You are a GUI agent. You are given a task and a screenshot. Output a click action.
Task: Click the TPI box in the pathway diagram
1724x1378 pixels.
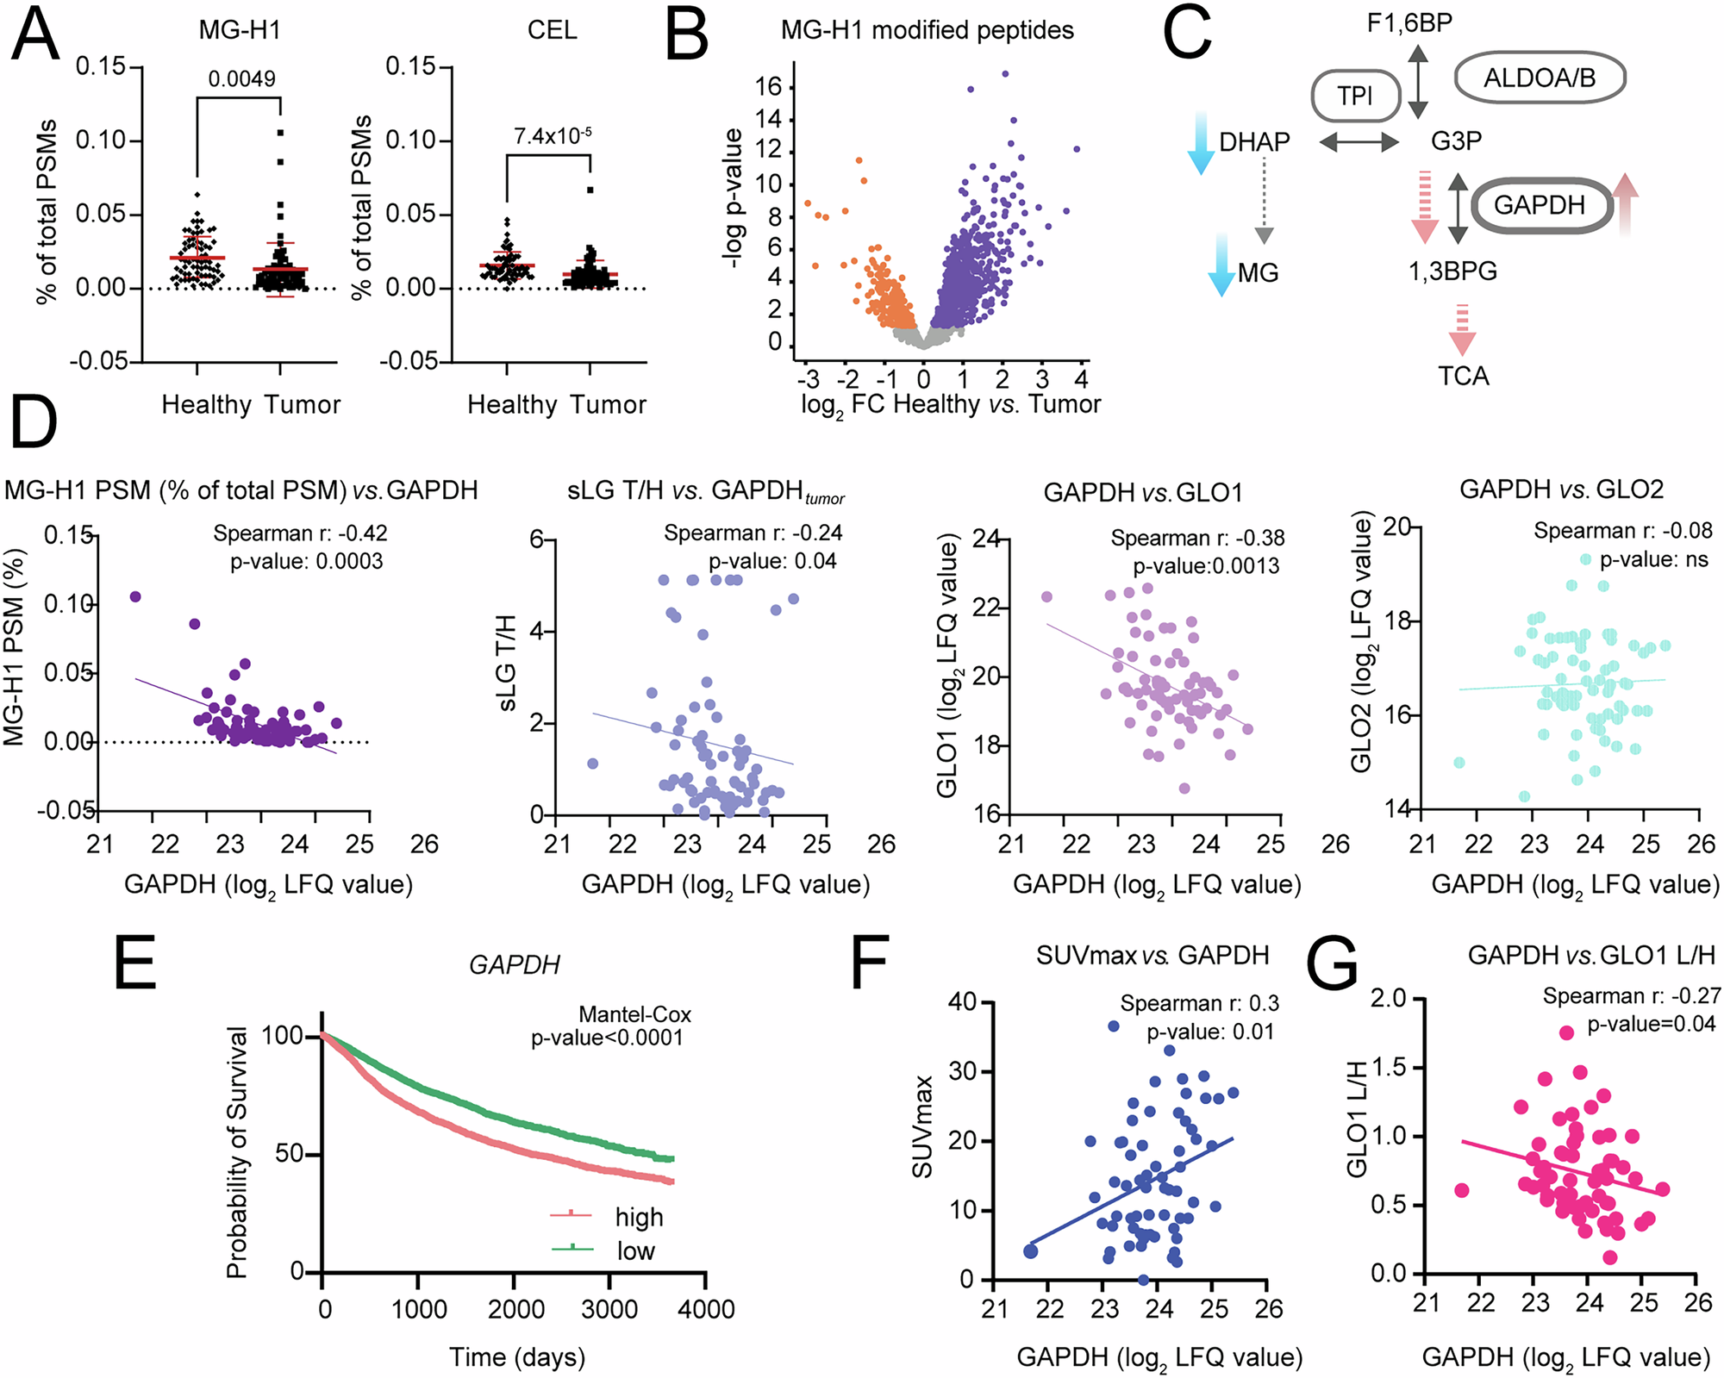coord(1355,96)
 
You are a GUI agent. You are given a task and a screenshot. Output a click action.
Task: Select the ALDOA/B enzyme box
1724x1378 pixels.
coord(1540,78)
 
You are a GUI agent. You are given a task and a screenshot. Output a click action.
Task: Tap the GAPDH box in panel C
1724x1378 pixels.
coord(1540,205)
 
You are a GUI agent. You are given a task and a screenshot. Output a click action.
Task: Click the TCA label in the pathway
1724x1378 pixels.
coord(1463,377)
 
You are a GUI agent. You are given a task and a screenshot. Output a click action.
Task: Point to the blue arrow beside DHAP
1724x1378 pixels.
coord(1199,143)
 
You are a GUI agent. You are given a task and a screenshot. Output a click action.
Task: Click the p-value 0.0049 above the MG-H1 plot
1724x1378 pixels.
coord(242,79)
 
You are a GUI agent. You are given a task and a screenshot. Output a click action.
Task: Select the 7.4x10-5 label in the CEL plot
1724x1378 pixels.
coord(553,135)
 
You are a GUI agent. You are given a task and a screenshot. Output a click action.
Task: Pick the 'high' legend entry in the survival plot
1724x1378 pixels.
coord(639,1217)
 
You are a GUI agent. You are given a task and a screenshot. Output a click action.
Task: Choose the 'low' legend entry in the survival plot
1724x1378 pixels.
coord(635,1250)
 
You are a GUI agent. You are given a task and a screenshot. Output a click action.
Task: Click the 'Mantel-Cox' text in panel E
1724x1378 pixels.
coord(634,1014)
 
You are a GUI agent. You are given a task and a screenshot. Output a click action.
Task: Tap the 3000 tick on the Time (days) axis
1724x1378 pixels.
coord(609,1310)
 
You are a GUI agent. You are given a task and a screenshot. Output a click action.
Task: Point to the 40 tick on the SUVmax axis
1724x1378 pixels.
coord(962,1002)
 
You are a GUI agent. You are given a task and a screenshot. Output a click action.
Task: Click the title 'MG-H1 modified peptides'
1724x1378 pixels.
coord(927,30)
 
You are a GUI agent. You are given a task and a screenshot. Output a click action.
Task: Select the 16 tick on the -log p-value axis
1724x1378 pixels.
coord(768,87)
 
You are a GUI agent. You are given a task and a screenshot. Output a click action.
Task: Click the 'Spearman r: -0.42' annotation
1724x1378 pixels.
coord(300,533)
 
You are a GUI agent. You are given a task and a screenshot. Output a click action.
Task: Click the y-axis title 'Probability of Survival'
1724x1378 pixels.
coord(236,1152)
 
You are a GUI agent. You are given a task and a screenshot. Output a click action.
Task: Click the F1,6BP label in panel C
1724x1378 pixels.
coord(1410,22)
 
